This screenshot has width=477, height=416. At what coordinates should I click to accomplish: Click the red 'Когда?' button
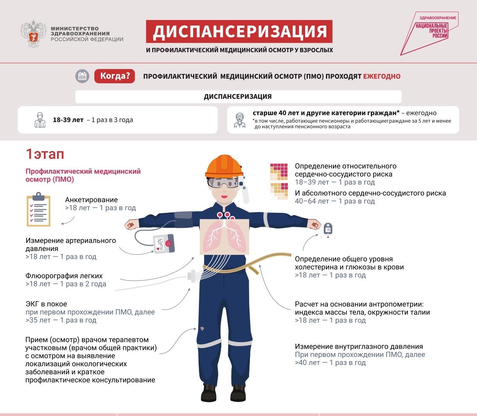point(115,76)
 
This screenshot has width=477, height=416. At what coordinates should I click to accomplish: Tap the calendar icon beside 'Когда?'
point(82,76)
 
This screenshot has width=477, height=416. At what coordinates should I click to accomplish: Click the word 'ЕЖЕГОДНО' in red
point(382,76)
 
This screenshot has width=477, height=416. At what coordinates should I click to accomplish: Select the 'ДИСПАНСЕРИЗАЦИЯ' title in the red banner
point(239,32)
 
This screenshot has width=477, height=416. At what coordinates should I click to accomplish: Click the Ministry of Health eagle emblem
point(34,34)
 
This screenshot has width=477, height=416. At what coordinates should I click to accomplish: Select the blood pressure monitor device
point(163,244)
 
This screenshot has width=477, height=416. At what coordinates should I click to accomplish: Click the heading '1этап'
point(45,154)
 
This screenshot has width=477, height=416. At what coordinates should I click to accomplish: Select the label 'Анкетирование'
point(91,200)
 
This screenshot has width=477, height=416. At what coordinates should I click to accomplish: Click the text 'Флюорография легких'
point(64,276)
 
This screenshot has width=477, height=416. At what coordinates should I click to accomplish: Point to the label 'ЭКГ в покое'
point(46,304)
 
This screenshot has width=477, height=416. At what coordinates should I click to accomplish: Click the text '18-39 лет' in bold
point(68,120)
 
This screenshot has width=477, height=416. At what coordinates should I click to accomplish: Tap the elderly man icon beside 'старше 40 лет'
point(240,120)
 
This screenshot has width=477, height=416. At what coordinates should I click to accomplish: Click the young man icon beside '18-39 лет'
point(40,120)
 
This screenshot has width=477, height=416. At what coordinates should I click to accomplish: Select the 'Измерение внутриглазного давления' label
point(359,346)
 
